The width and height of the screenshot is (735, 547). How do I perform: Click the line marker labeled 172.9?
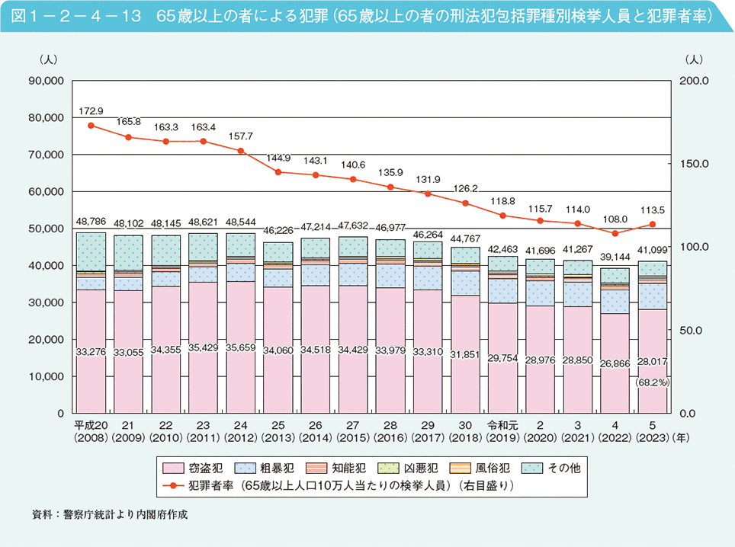91,126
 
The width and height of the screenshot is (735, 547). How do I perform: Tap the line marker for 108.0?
615,233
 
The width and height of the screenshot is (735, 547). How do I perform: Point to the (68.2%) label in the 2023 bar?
653,382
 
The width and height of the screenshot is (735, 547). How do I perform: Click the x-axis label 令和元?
502,426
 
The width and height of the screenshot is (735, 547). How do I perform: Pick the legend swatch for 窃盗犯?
172,468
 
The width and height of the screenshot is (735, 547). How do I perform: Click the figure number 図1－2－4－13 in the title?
73,16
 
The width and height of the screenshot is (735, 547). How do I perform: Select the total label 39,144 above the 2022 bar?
615,256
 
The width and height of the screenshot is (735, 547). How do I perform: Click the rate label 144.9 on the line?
278,158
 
